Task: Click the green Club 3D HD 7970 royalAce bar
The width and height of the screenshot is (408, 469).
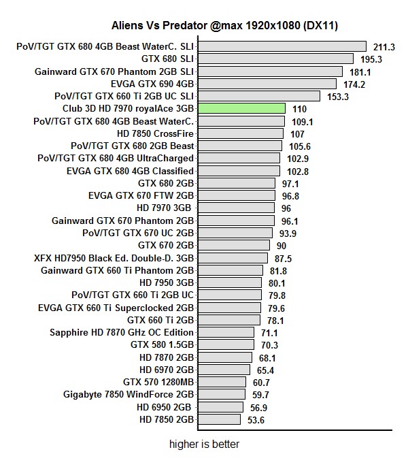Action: point(241,108)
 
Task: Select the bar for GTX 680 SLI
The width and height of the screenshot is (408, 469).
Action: point(275,59)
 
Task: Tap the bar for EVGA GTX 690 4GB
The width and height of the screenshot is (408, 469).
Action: point(267,84)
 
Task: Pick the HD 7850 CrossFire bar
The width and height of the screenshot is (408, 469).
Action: point(240,133)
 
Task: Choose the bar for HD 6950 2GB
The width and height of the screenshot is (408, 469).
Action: point(220,407)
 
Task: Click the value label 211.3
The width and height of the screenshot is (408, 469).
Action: point(384,47)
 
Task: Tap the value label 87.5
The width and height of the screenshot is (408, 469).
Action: point(283,259)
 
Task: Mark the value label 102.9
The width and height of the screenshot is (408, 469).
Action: point(294,159)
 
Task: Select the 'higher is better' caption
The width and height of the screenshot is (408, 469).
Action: point(204,444)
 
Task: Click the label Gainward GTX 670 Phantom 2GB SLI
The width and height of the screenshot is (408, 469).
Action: point(114,71)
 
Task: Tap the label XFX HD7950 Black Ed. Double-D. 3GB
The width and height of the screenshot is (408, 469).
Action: point(114,258)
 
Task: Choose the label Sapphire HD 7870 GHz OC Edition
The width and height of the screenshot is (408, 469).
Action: point(122,333)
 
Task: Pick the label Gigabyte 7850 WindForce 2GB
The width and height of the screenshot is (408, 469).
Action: point(129,395)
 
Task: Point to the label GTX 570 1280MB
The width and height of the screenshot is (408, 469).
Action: point(158,383)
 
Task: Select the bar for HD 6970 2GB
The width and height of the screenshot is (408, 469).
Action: point(224,370)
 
